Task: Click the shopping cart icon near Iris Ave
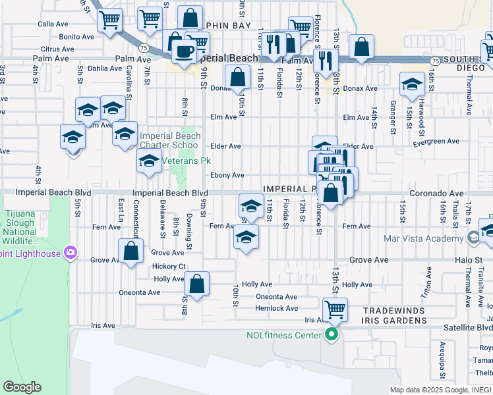click(x=335, y=308)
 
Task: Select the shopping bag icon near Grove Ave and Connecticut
click(x=131, y=250)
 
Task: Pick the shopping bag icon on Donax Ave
click(x=237, y=76)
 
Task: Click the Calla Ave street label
click(x=53, y=24)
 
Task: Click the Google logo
click(x=22, y=387)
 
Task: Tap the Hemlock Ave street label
click(x=277, y=308)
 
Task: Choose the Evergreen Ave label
click(x=436, y=142)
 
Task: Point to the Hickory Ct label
click(x=169, y=267)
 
